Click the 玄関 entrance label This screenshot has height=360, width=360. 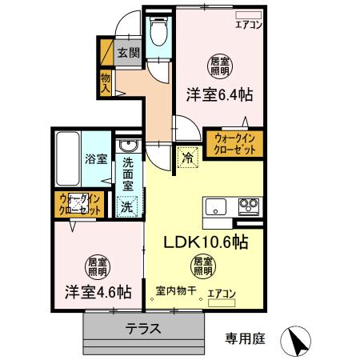(128, 54)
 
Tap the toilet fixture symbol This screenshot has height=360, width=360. (159, 33)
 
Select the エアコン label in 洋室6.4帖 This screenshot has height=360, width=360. (249, 25)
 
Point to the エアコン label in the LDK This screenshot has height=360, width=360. (222, 294)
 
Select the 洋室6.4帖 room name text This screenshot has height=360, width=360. (220, 94)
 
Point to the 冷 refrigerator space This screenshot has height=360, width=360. (186, 157)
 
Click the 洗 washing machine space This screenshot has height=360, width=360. (127, 205)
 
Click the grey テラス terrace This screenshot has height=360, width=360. (145, 328)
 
